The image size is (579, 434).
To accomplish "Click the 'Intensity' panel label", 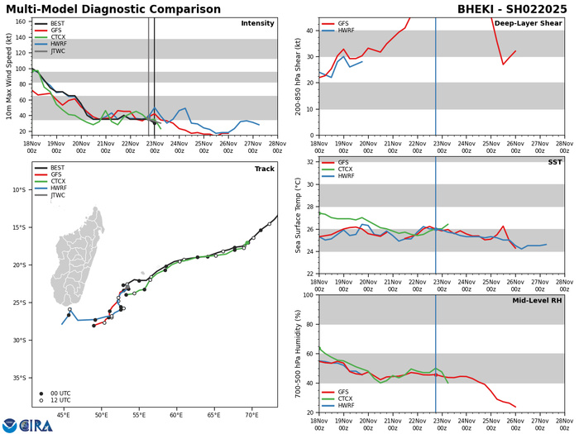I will point(257,24).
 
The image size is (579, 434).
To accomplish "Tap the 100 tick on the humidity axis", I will point(307,295).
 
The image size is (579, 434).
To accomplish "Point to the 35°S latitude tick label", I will point(22,378).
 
